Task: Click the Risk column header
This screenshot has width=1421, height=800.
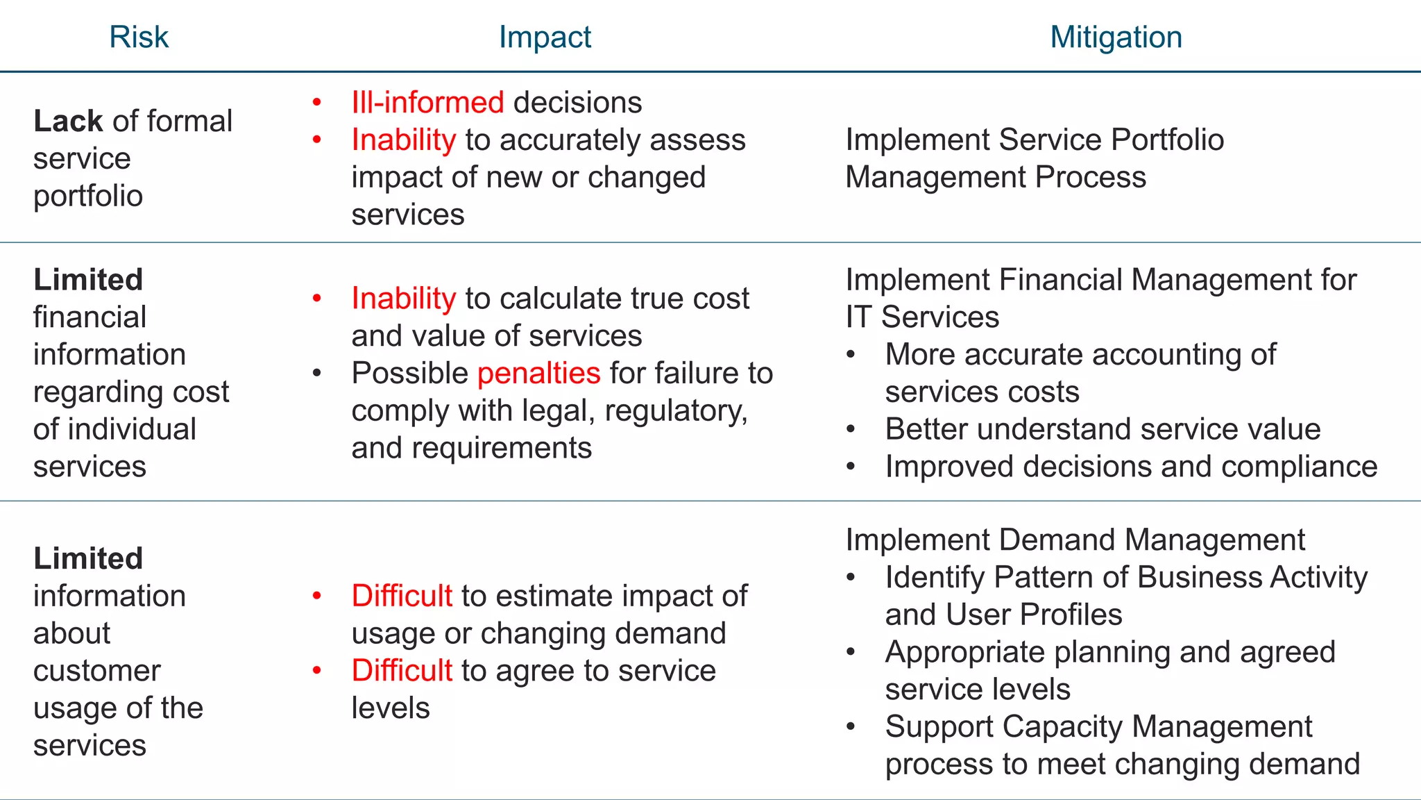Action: (x=139, y=37)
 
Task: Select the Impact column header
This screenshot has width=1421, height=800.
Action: (x=545, y=37)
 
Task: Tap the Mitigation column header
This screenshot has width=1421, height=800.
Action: (x=1116, y=37)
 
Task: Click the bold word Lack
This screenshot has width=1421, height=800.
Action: (x=68, y=122)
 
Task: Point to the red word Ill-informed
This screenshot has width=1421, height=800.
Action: (x=427, y=103)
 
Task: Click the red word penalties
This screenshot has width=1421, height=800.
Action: (x=538, y=374)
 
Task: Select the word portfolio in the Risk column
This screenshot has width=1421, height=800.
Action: (x=88, y=197)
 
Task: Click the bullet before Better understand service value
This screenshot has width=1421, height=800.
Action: (x=851, y=430)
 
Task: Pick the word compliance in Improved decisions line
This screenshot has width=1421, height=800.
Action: (x=1299, y=467)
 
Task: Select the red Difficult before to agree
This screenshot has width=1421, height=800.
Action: (x=402, y=671)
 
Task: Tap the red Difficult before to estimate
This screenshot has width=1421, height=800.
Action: (x=402, y=597)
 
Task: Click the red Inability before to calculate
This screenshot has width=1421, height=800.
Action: (x=404, y=299)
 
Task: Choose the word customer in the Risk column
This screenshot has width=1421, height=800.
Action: (x=97, y=671)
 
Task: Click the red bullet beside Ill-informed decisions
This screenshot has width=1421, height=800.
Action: (x=317, y=103)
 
